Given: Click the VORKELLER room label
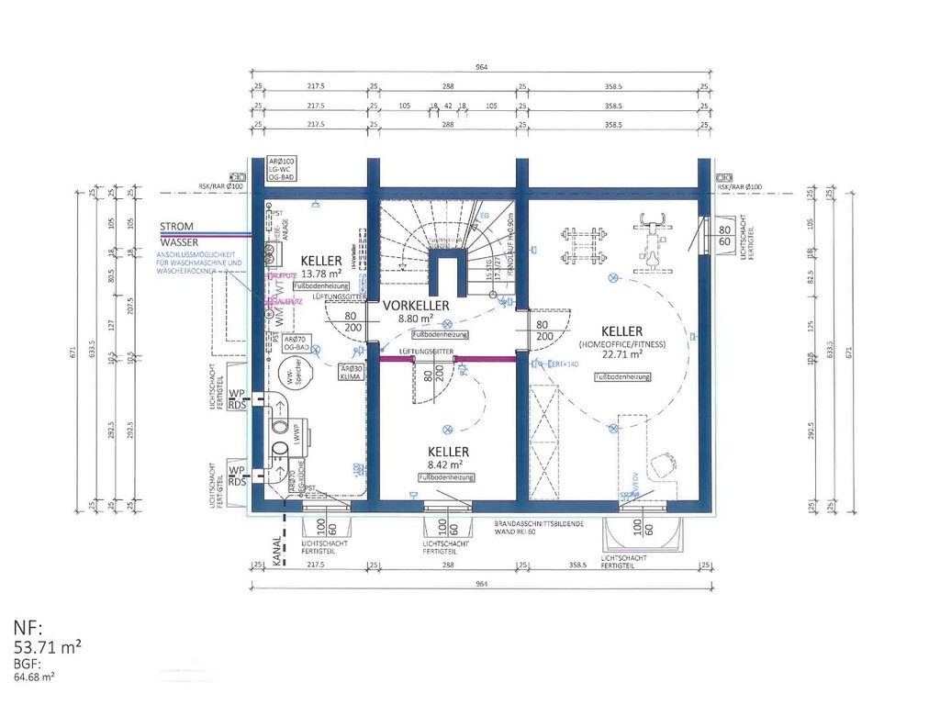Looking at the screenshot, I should tap(416, 305).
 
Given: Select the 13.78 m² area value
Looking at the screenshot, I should tap(320, 274).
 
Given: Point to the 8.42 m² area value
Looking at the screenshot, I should tap(448, 465).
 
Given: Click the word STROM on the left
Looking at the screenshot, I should tap(176, 226).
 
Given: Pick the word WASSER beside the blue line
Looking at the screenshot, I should tap(178, 242).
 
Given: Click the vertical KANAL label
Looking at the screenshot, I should tap(276, 556).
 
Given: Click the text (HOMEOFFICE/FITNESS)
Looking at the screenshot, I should tap(621, 343).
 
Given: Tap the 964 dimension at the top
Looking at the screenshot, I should tap(481, 67).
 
